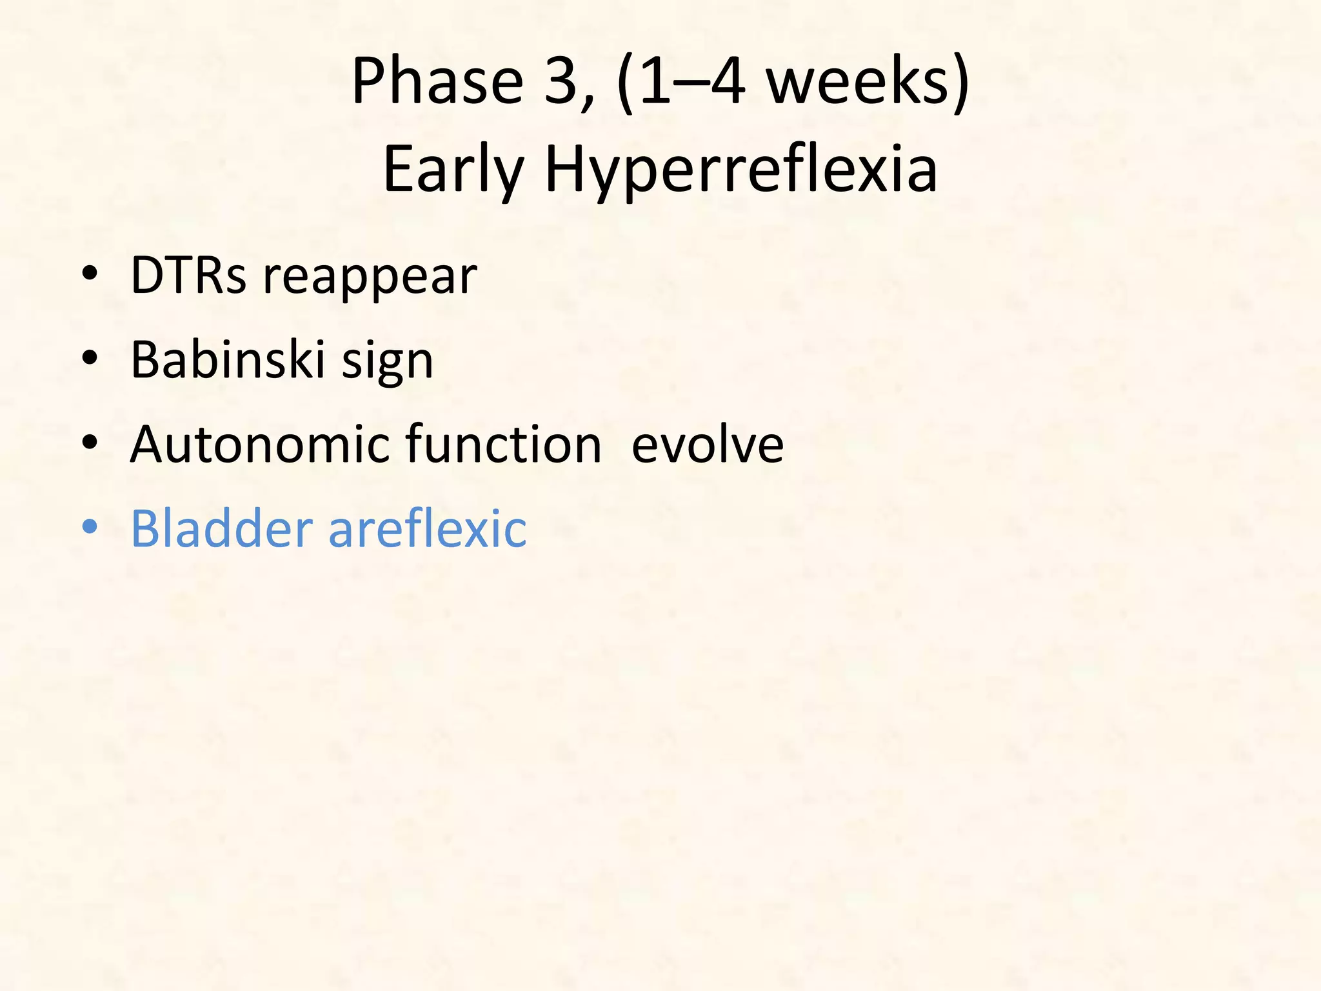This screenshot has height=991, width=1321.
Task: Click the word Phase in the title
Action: (x=437, y=82)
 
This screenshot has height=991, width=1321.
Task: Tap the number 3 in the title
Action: (x=561, y=82)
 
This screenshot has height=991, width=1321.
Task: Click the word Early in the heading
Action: (x=452, y=169)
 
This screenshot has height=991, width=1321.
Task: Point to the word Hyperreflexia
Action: (x=741, y=169)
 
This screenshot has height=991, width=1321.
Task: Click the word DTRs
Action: (x=188, y=275)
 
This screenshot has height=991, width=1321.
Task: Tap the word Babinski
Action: (x=227, y=359)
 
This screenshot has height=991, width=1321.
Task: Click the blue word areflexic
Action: (x=427, y=528)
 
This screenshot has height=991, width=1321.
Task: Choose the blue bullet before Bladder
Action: (x=90, y=527)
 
